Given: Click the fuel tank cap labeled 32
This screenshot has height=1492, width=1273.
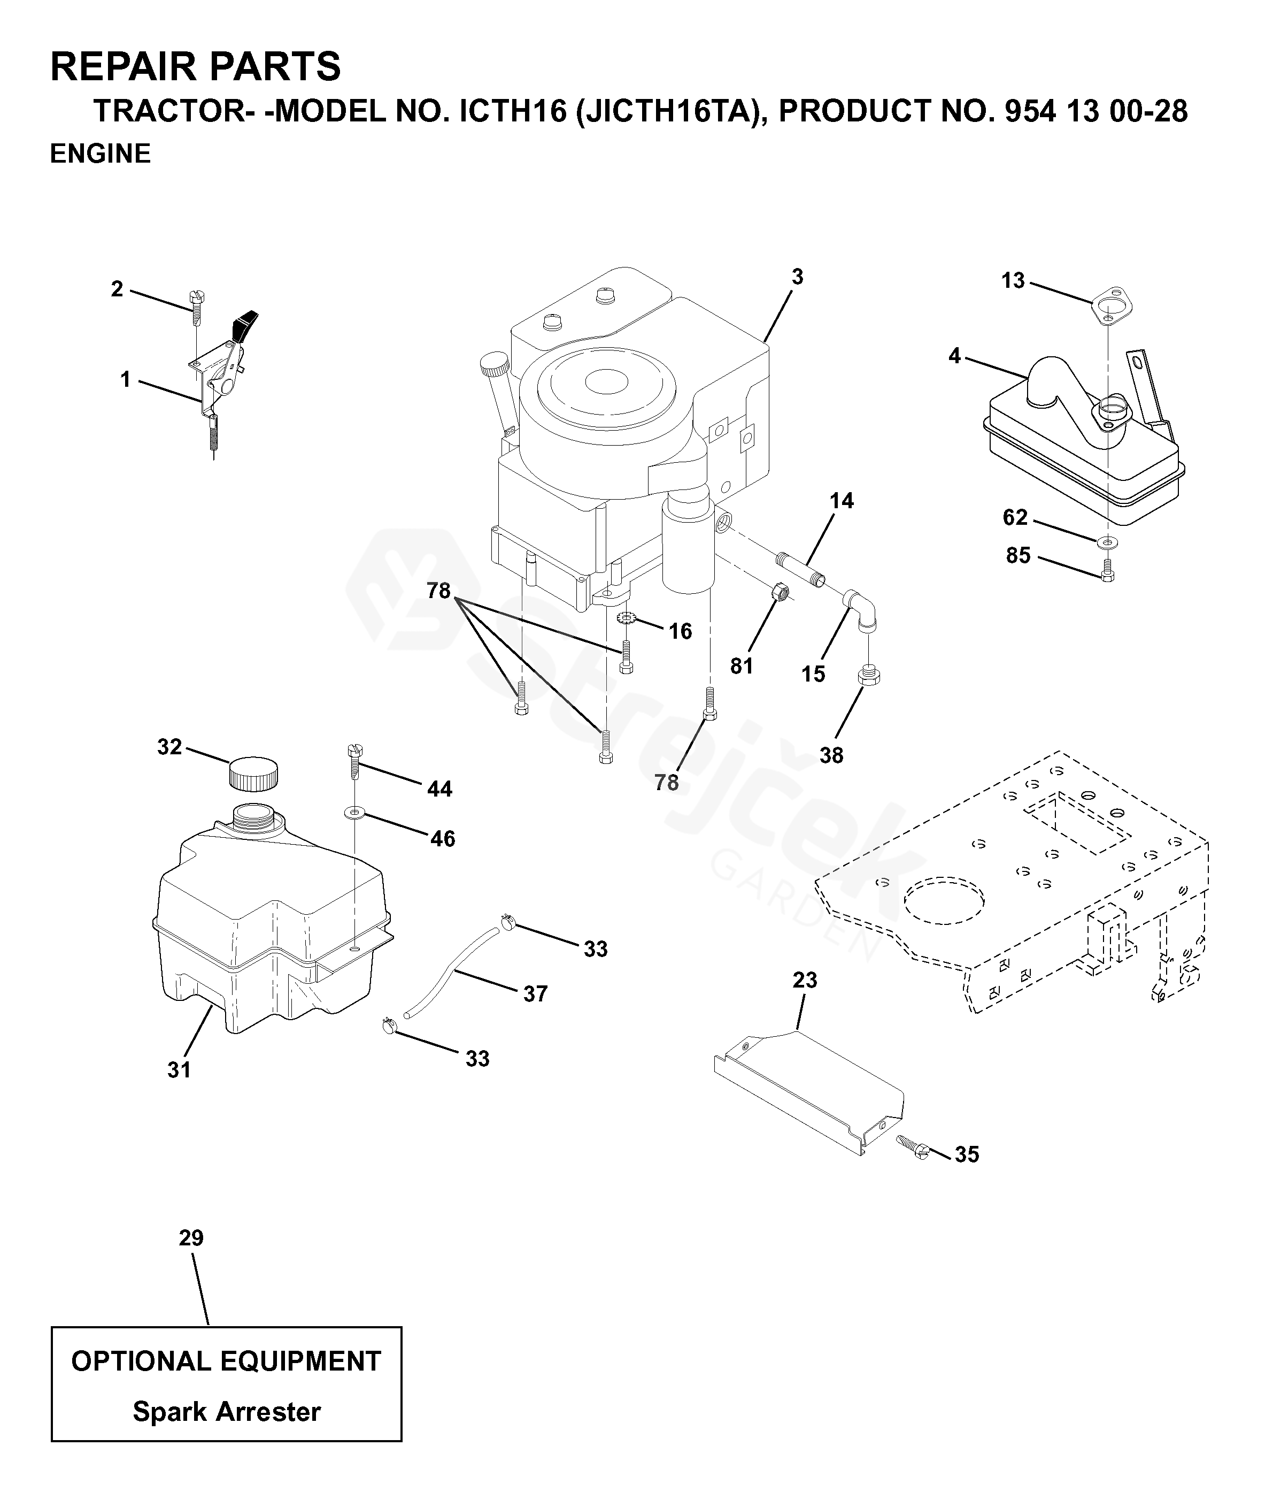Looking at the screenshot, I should coord(253,774).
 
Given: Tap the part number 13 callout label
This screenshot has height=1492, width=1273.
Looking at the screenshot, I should coord(1013,281).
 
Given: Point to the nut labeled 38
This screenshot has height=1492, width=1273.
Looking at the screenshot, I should coord(869,676).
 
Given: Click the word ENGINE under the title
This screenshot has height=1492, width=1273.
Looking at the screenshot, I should coord(100,154).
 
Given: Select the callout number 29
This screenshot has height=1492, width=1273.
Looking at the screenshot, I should coord(191,1238).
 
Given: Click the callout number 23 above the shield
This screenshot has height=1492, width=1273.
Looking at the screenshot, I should coord(805,980).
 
